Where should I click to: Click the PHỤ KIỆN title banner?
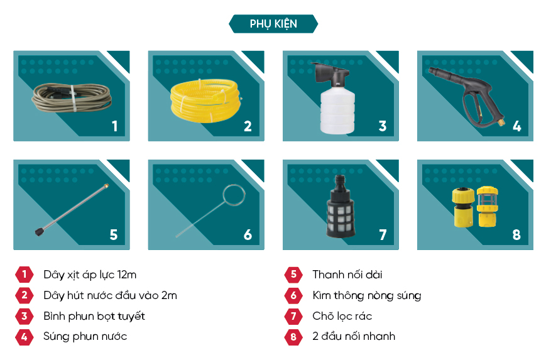coord(273,23)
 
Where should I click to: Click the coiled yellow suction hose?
coord(205,101)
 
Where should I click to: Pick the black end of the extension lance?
coord(40,231)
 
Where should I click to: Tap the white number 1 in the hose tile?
coord(114,126)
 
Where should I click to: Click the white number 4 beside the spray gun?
coord(516,126)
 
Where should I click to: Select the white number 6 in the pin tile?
coord(248,234)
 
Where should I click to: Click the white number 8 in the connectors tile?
coord(516,234)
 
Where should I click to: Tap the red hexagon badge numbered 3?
coord(25,316)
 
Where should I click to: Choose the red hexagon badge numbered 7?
coord(293,316)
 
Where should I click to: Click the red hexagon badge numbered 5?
coord(293,275)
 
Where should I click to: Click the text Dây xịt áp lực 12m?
coord(90,275)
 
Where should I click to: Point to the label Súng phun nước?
coord(85,337)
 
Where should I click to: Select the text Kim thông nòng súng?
coord(367,296)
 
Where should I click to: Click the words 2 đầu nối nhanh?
coord(354,337)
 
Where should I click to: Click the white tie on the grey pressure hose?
coord(73,98)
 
